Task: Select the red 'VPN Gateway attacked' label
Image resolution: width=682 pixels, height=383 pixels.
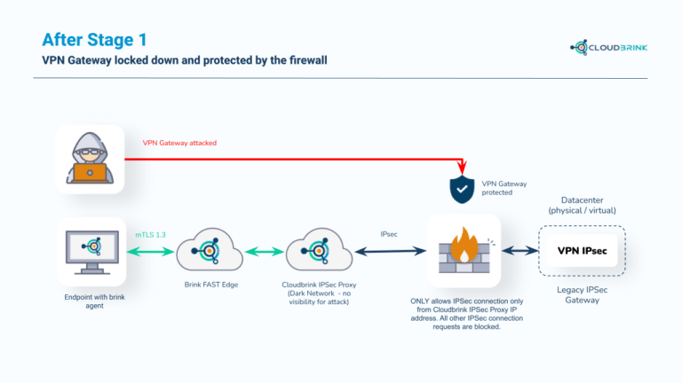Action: point(179,142)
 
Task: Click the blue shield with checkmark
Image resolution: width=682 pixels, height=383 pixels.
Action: point(461,188)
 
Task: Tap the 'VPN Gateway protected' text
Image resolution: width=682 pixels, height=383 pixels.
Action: point(504,188)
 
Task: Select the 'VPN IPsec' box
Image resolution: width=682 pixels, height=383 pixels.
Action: point(583,251)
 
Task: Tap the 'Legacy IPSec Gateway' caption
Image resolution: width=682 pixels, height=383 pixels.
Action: point(583,294)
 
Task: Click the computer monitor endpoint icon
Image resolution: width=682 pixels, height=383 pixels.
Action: point(90,251)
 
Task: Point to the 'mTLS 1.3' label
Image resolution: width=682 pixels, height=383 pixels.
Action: point(149,235)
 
